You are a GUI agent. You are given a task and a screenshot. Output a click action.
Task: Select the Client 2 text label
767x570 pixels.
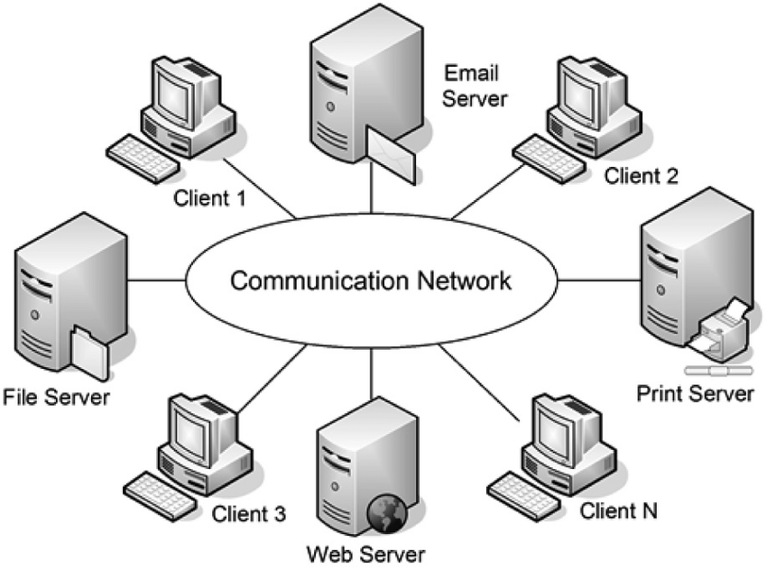coord(641,175)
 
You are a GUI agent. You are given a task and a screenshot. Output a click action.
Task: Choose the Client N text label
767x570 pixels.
coord(619,511)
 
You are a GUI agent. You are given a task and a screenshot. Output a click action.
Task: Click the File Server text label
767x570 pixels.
coord(56,397)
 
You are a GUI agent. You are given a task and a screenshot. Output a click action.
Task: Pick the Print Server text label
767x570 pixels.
coord(695,393)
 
